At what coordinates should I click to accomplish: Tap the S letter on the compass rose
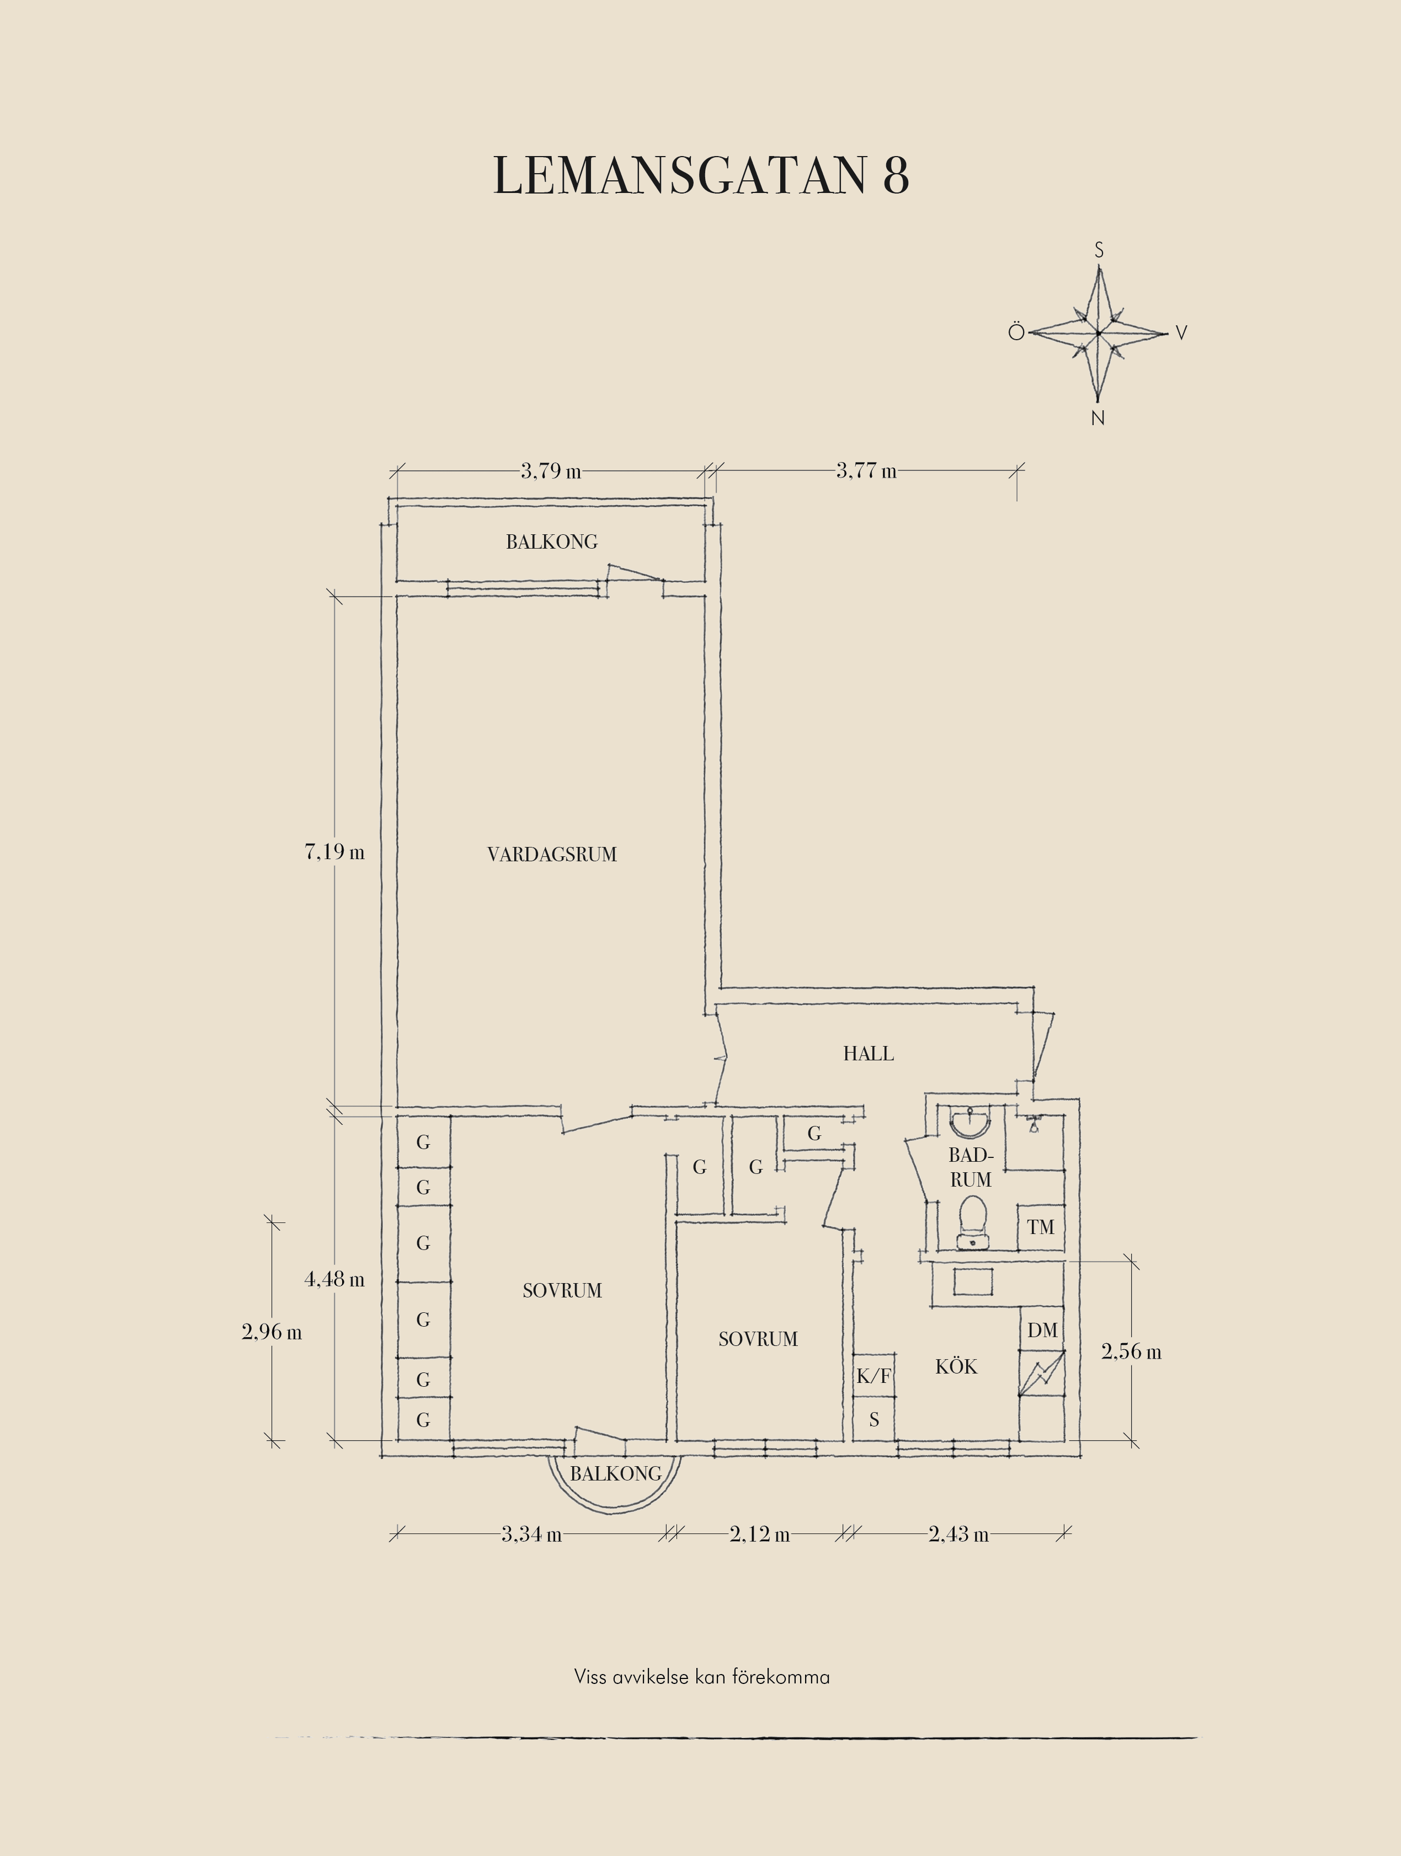click(x=1099, y=250)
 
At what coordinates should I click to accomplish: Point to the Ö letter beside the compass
click(x=1016, y=332)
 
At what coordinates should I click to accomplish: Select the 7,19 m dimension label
click(x=334, y=852)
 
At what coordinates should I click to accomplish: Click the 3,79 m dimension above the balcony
click(x=551, y=471)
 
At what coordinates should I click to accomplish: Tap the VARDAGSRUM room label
click(x=551, y=854)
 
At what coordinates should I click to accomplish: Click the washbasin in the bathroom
click(x=971, y=1122)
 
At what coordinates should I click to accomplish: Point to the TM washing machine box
click(x=1041, y=1227)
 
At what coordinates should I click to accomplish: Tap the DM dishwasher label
click(x=1042, y=1330)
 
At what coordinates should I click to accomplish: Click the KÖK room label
click(x=956, y=1366)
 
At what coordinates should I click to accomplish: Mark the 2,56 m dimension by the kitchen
click(x=1132, y=1351)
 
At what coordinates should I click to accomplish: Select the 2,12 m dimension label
click(x=760, y=1535)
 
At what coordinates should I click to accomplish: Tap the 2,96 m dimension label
click(x=272, y=1332)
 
